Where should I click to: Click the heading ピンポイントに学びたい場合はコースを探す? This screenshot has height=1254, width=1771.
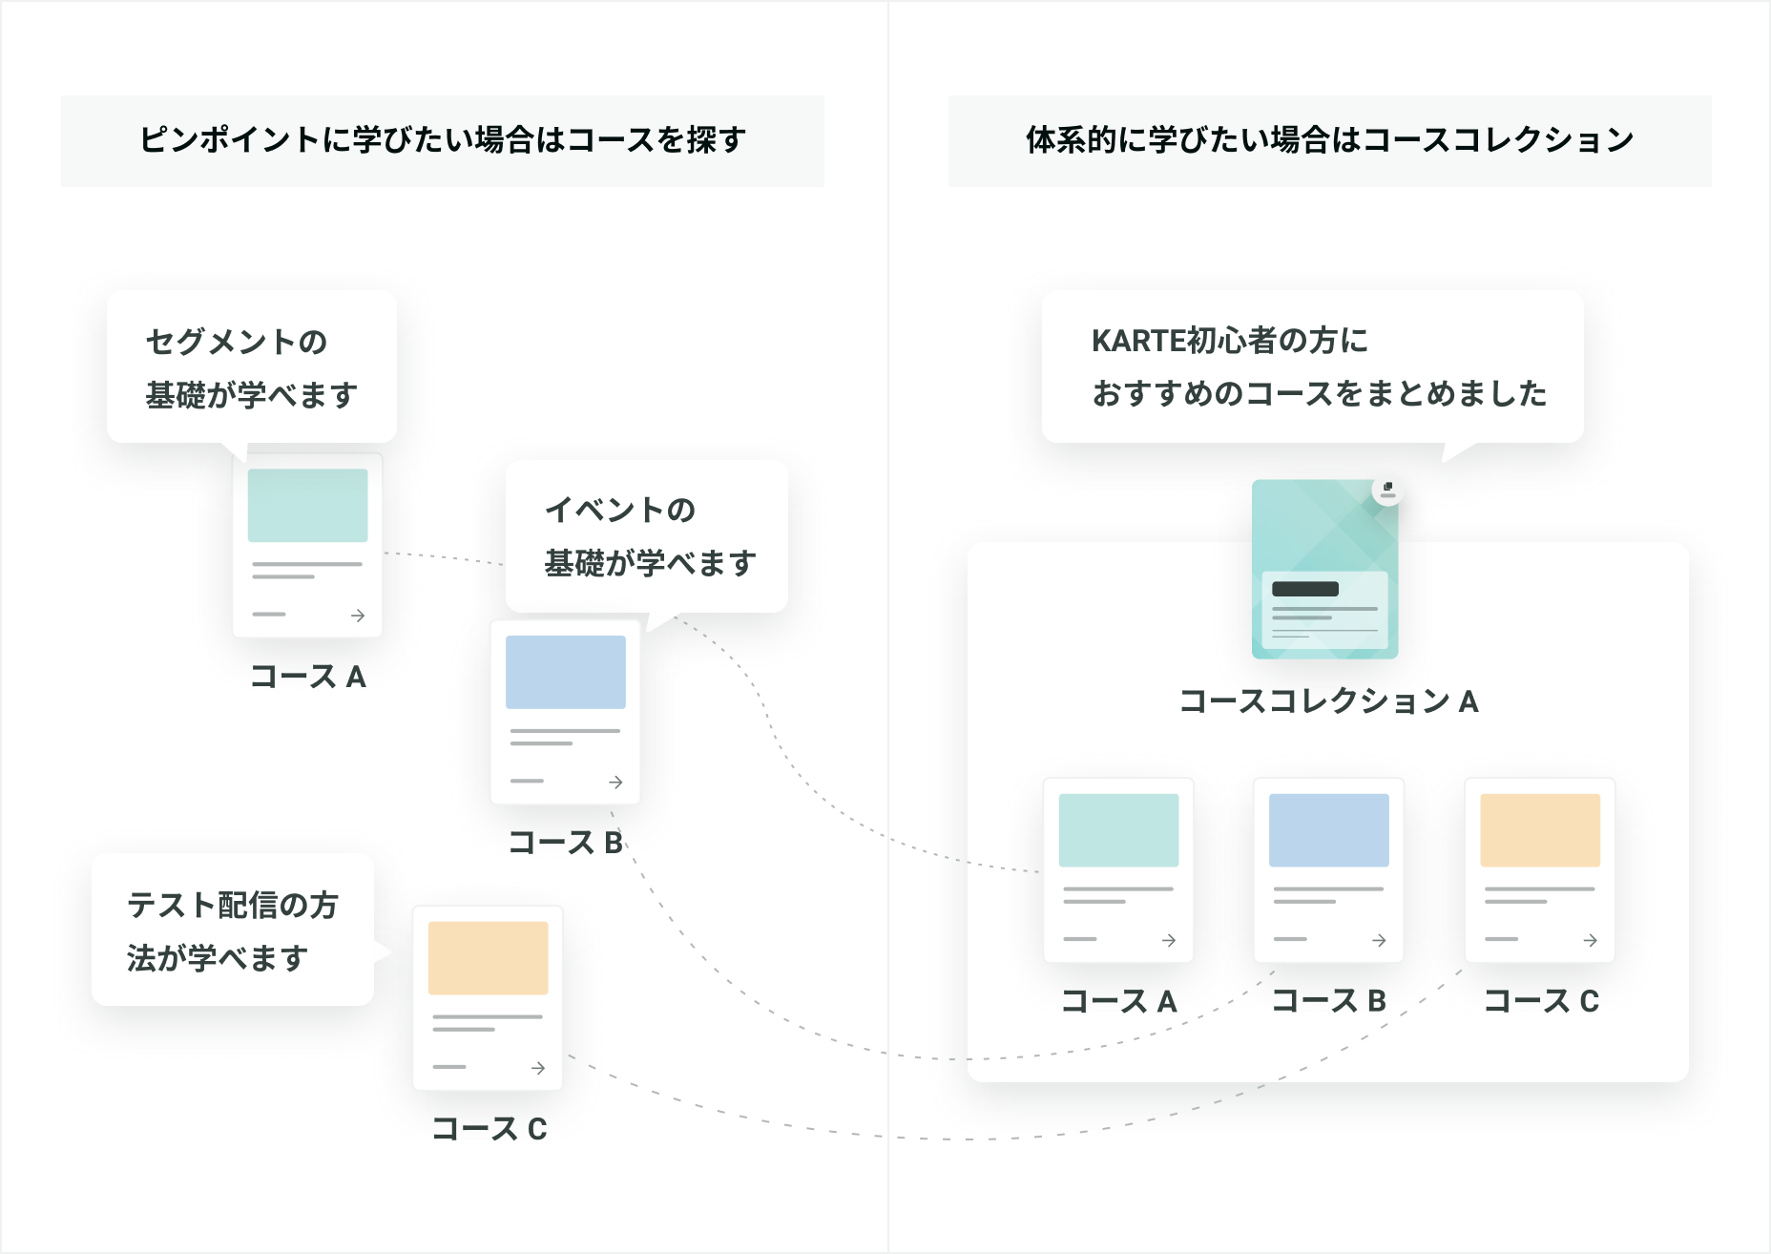[x=443, y=139]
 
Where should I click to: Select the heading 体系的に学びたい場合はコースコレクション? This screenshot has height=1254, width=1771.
[x=1329, y=139]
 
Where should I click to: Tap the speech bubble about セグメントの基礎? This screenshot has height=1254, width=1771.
[x=252, y=366]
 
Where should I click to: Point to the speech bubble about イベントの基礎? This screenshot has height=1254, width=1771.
[x=647, y=536]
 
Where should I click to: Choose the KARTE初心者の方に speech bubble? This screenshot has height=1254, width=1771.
[x=1313, y=366]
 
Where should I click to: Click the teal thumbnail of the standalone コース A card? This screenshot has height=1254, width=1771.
[x=307, y=506]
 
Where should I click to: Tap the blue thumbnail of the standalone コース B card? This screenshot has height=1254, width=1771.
[x=566, y=672]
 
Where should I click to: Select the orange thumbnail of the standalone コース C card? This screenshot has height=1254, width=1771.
[x=488, y=958]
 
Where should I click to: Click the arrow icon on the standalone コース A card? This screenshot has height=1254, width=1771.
[x=358, y=616]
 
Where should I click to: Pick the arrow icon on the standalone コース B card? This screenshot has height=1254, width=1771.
[x=616, y=782]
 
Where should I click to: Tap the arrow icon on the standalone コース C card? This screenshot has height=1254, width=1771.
[x=538, y=1068]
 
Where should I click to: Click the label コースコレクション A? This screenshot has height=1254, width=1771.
[x=1329, y=701]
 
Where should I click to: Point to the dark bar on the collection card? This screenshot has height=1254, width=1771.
[x=1305, y=589]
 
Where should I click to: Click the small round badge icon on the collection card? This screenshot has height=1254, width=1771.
[x=1387, y=490]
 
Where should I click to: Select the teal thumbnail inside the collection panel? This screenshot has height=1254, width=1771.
[x=1118, y=830]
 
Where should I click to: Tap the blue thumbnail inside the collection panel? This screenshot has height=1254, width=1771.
[x=1329, y=830]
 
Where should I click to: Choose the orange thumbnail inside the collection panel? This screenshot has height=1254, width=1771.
[x=1540, y=830]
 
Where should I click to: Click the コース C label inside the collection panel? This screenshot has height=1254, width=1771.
[x=1541, y=1001]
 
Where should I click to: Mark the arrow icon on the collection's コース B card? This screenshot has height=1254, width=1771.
[x=1380, y=940]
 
